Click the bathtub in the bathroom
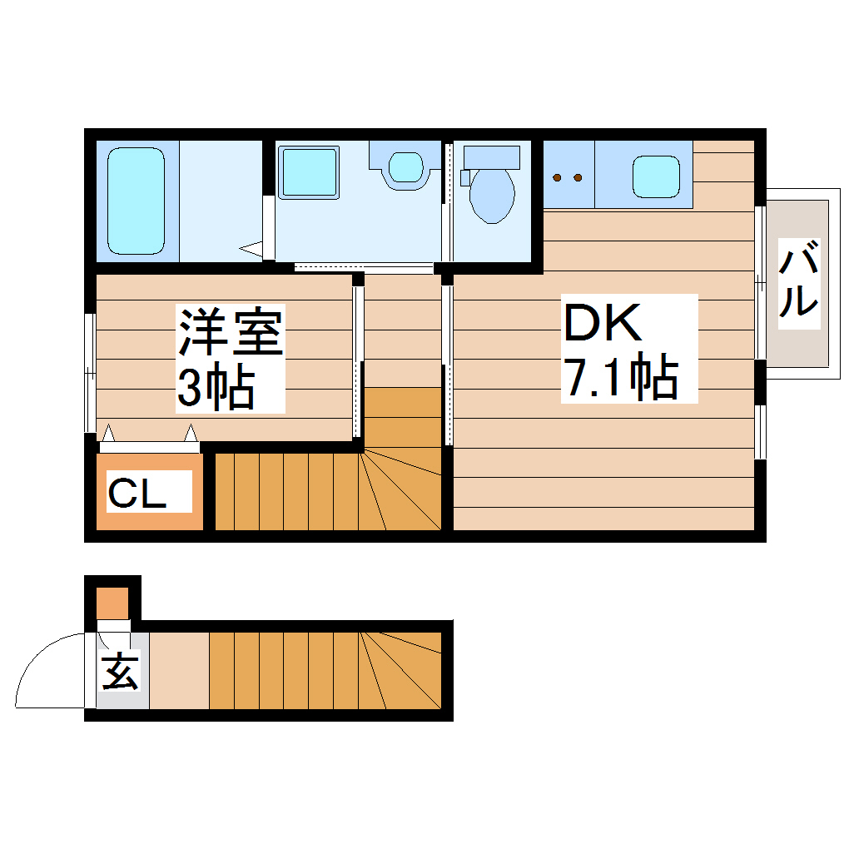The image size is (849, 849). pyautogui.click(x=136, y=201)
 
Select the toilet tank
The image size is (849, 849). pyautogui.click(x=491, y=156)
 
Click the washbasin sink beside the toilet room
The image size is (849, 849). pyautogui.click(x=405, y=166)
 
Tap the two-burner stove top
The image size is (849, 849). pyautogui.click(x=568, y=176)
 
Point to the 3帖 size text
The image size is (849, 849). pyautogui.click(x=215, y=385)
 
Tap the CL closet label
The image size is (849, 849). pyautogui.click(x=137, y=494)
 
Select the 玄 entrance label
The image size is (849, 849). pyautogui.click(x=120, y=671)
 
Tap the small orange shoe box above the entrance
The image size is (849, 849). pyautogui.click(x=112, y=603)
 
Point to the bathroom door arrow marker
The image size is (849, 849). pyautogui.click(x=251, y=247)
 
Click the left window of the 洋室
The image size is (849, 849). pyautogui.click(x=91, y=373)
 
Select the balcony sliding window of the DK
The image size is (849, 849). pyautogui.click(x=760, y=282)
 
